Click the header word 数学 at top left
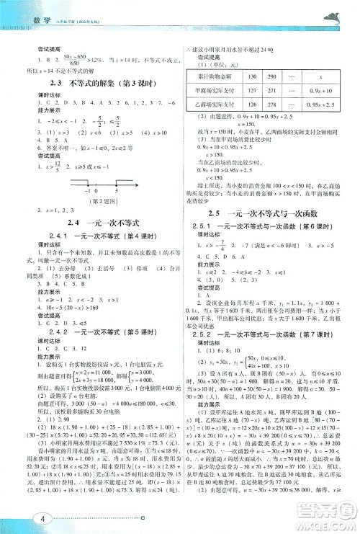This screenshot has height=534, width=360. [27, 12]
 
